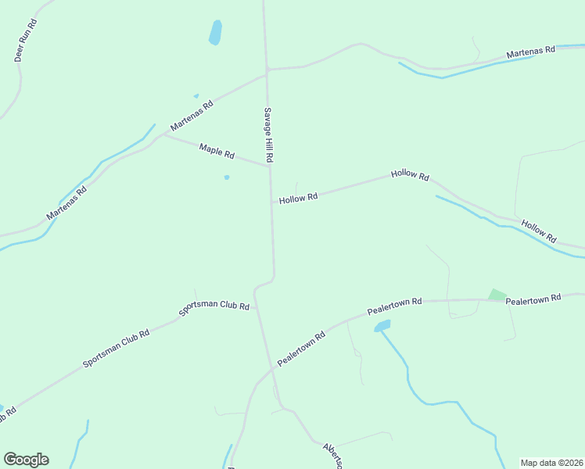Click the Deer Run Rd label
(27, 41)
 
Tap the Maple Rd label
(217, 150)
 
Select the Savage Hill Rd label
(267, 134)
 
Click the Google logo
(26, 460)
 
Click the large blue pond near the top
(215, 33)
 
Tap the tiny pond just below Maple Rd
(227, 177)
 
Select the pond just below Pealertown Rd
(382, 325)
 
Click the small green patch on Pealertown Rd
(497, 295)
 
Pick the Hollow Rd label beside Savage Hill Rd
(298, 199)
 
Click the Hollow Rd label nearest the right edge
(538, 230)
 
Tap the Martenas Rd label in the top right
(530, 52)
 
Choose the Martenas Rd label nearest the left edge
(66, 202)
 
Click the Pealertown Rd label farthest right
(533, 299)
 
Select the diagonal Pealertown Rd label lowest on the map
(300, 349)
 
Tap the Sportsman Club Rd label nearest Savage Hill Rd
(214, 306)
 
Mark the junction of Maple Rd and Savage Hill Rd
(270, 166)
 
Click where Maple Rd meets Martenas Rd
(163, 134)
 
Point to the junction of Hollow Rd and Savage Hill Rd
(271, 202)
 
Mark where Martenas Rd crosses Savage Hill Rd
(267, 70)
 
